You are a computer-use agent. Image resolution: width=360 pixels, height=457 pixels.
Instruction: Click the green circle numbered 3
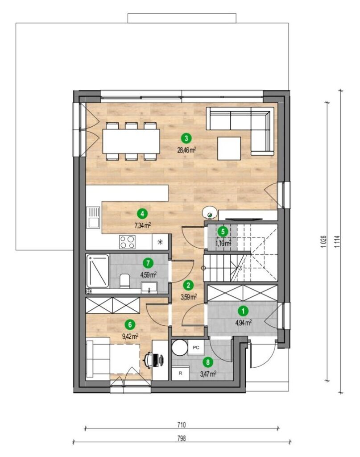click(x=186, y=137)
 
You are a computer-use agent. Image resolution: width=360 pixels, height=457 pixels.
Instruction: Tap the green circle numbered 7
click(x=148, y=263)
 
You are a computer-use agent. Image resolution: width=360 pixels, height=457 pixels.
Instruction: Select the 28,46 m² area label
click(x=186, y=150)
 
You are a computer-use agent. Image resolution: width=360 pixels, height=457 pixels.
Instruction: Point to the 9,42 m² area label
click(x=130, y=337)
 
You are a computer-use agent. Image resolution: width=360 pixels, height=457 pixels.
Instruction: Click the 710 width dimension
click(x=181, y=425)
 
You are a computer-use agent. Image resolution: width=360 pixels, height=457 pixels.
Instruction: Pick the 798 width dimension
click(x=181, y=438)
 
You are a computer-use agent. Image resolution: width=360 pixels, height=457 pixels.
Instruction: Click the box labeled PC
click(x=196, y=348)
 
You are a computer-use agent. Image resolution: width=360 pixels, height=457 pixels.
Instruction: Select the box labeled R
click(x=180, y=374)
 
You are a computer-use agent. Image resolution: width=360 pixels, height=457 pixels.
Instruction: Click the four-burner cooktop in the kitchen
click(x=127, y=242)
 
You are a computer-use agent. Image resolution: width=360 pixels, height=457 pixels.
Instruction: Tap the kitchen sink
click(x=93, y=217)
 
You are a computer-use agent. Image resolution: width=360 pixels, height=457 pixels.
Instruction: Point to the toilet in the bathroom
click(x=124, y=281)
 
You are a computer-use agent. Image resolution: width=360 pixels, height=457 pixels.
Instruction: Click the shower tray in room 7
click(x=98, y=271)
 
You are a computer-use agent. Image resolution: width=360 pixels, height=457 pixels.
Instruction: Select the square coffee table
click(x=229, y=148)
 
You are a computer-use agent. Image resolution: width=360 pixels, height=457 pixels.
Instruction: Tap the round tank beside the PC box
click(x=180, y=348)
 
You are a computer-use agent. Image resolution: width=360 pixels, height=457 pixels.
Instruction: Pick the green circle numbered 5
click(x=223, y=232)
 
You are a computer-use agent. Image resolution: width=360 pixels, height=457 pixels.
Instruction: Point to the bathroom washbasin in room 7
click(x=149, y=287)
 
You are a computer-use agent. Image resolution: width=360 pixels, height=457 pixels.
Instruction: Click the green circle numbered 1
click(x=243, y=311)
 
